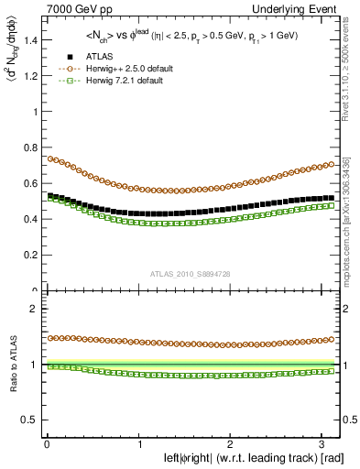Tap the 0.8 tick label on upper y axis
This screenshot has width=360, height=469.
tap(30, 147)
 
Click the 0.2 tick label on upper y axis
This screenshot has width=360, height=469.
tap(30, 256)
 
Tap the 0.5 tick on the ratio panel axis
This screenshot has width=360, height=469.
tap(30, 420)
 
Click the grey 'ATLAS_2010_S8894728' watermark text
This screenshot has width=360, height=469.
tap(190, 274)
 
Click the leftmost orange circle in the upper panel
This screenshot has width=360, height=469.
tap(49, 158)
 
